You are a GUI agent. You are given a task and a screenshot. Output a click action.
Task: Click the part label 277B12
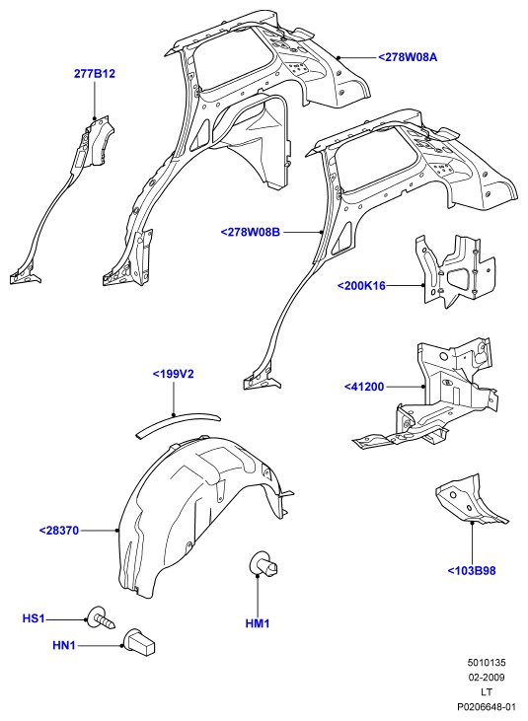pos(95,74)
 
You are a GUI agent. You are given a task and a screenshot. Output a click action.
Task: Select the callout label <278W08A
pos(408,57)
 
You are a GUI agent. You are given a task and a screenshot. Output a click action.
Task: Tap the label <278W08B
pos(251,232)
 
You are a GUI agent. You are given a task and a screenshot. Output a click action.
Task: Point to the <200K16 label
pos(361,286)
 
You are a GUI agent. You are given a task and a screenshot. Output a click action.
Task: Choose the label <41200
pos(364,387)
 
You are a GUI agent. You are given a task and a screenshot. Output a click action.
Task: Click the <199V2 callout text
pos(173,374)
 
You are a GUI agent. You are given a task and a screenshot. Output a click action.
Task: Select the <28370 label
pos(59,531)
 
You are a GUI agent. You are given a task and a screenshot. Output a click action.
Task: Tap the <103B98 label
pos(472,571)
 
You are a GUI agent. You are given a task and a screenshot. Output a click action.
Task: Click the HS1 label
pos(34,618)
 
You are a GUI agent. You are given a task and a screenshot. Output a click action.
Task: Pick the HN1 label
pos(64,646)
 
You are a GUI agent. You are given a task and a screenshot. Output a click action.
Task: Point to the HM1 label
pos(258,623)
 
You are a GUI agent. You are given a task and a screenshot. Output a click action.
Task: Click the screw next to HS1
pos(102,618)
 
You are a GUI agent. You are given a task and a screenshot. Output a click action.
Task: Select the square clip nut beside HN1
pos(139,641)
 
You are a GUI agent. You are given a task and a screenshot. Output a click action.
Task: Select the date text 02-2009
pos(487,678)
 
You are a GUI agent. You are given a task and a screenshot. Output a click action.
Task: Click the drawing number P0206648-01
pos(486,707)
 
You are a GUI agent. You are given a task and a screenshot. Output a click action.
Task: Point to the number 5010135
pos(487,663)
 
